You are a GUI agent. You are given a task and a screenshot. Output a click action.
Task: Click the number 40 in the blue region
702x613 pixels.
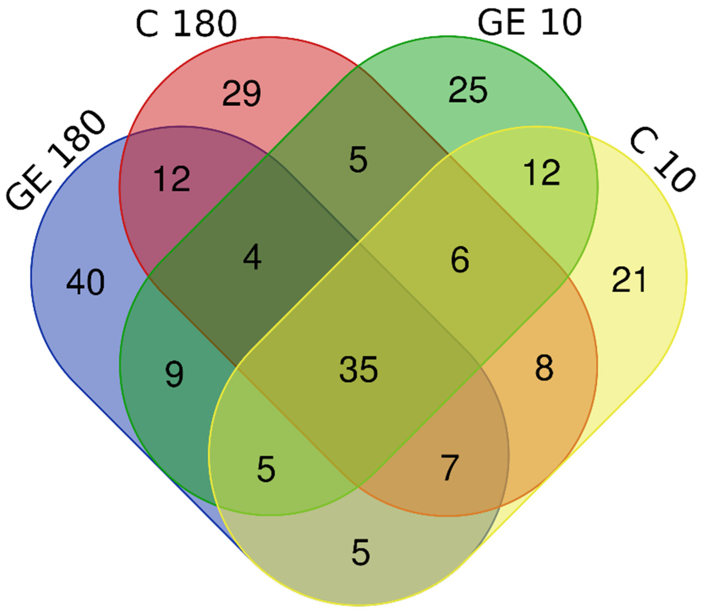tap(85, 282)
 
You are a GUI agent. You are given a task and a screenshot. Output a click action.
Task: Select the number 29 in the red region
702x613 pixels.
tap(242, 93)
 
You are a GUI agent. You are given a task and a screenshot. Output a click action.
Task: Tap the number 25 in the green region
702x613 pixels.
tap(468, 90)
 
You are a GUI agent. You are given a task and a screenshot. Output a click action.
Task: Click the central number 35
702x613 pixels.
tap(358, 369)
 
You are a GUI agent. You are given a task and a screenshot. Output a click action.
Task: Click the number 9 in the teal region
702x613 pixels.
tap(174, 375)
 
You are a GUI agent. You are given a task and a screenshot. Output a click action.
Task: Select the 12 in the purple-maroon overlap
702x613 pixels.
tap(171, 178)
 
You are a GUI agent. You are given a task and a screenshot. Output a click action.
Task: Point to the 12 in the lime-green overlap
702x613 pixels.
tap(542, 173)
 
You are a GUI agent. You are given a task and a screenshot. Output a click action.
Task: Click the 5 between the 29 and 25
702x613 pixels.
tap(358, 159)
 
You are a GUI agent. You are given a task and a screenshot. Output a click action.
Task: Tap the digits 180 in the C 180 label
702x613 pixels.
tap(205, 23)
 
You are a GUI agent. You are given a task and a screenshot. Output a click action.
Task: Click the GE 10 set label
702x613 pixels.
tap(529, 22)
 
